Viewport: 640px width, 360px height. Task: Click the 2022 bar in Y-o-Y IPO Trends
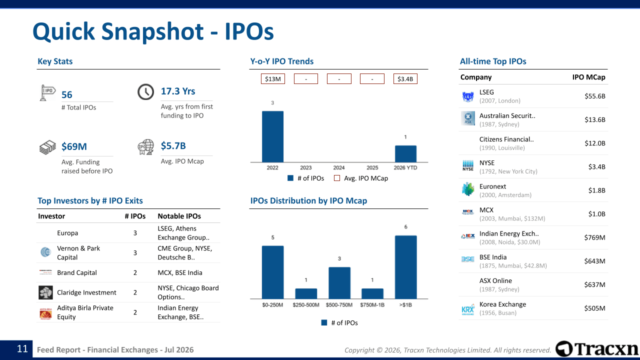272,136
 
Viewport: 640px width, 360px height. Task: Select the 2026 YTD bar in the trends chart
405,153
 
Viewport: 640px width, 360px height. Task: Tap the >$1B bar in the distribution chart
405,267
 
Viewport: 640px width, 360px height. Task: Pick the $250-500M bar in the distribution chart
306,293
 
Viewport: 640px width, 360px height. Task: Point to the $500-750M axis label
339,305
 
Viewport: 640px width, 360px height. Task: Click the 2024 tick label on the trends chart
339,167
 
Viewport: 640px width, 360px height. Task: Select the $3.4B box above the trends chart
405,79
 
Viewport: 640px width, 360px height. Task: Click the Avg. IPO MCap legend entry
361,178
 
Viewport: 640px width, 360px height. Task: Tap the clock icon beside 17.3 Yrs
145,91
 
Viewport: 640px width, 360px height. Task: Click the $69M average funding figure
74,146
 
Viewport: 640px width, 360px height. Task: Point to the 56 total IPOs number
67,95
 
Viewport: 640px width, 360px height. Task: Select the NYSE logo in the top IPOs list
468,165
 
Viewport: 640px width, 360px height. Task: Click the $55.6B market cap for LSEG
595,96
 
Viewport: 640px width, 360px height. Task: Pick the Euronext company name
492,186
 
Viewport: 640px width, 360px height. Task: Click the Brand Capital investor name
77,272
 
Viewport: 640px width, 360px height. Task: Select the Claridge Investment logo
45,292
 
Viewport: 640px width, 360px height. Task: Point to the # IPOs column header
135,216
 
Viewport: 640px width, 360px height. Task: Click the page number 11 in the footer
22,349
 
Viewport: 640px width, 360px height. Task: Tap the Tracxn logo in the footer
597,349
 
